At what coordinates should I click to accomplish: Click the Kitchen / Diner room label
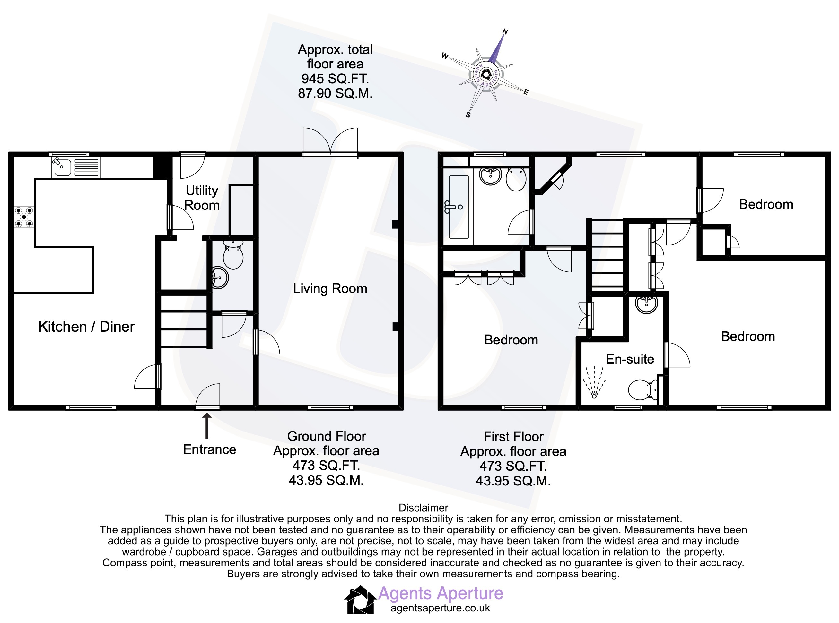(x=86, y=326)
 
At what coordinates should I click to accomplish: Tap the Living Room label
(x=330, y=289)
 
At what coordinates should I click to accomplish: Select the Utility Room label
(x=202, y=198)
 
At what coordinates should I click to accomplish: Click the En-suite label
(x=630, y=359)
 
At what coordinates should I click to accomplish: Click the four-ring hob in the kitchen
(x=24, y=217)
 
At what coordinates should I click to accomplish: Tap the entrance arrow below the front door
(x=206, y=426)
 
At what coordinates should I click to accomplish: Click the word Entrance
(x=210, y=449)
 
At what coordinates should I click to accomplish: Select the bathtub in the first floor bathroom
(x=459, y=207)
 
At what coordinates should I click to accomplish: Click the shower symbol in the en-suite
(x=594, y=382)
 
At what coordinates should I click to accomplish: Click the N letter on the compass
(x=505, y=32)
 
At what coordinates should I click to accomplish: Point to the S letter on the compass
(x=468, y=115)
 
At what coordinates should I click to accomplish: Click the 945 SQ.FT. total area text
(x=335, y=78)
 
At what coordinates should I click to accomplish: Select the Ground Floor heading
(x=327, y=436)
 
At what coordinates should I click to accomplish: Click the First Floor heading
(x=513, y=437)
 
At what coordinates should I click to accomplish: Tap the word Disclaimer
(x=424, y=508)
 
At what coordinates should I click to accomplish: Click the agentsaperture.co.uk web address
(x=440, y=608)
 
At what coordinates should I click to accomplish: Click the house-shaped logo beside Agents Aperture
(x=360, y=599)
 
